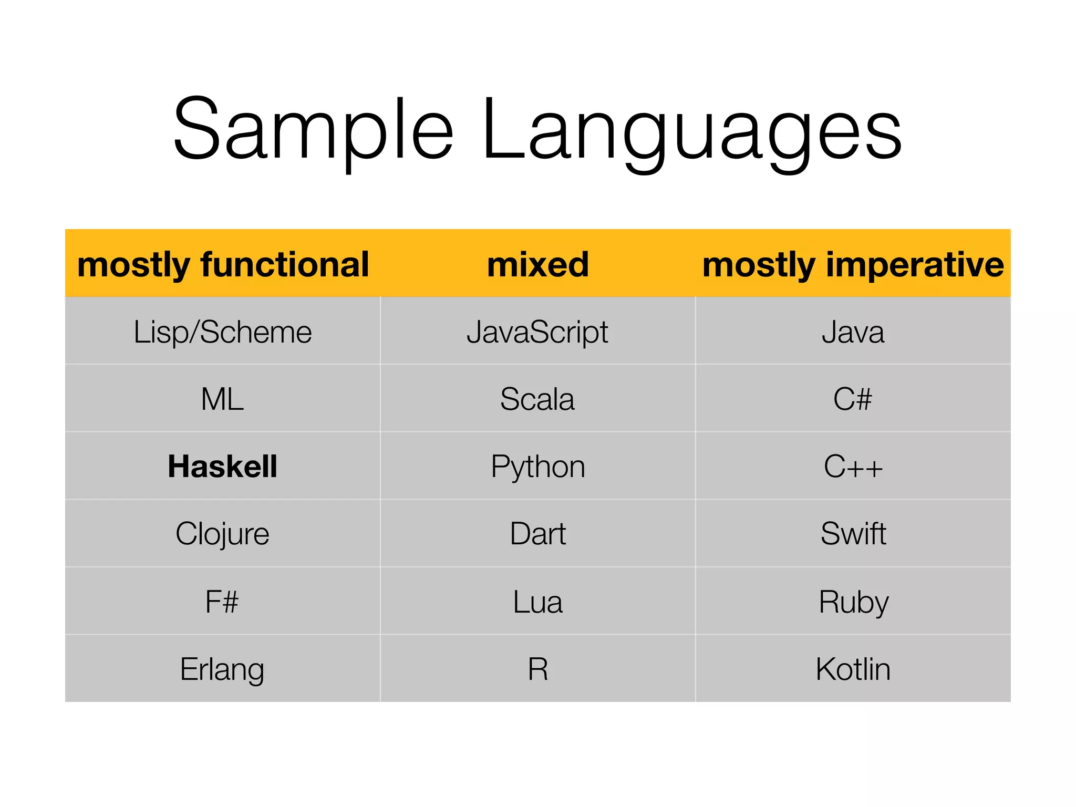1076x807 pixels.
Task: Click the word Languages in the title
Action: pyautogui.click(x=691, y=131)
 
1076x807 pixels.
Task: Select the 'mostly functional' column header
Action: pyautogui.click(x=223, y=264)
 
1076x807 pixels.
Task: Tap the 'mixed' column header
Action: pyautogui.click(x=537, y=264)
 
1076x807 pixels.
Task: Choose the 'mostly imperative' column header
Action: pyautogui.click(x=853, y=264)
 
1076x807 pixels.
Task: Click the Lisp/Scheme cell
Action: pyautogui.click(x=223, y=332)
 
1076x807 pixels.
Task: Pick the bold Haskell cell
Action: pyautogui.click(x=223, y=467)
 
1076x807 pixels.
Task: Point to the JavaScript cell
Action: pyautogui.click(x=537, y=332)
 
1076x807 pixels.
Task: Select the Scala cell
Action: pyautogui.click(x=537, y=399)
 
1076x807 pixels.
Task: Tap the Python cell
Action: pyautogui.click(x=537, y=467)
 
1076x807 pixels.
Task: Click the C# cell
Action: pyautogui.click(x=853, y=399)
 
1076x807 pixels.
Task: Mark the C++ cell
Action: pyautogui.click(x=853, y=467)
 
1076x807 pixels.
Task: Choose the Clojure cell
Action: pyautogui.click(x=223, y=534)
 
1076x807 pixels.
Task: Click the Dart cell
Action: pyautogui.click(x=537, y=534)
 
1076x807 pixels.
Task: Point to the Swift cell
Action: pyautogui.click(x=853, y=534)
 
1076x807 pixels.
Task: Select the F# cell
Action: pyautogui.click(x=223, y=602)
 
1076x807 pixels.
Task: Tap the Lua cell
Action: pyautogui.click(x=537, y=602)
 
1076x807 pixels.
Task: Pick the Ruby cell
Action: pyautogui.click(x=853, y=602)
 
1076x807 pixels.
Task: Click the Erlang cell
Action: pyautogui.click(x=223, y=669)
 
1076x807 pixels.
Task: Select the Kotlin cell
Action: pyautogui.click(x=853, y=669)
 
